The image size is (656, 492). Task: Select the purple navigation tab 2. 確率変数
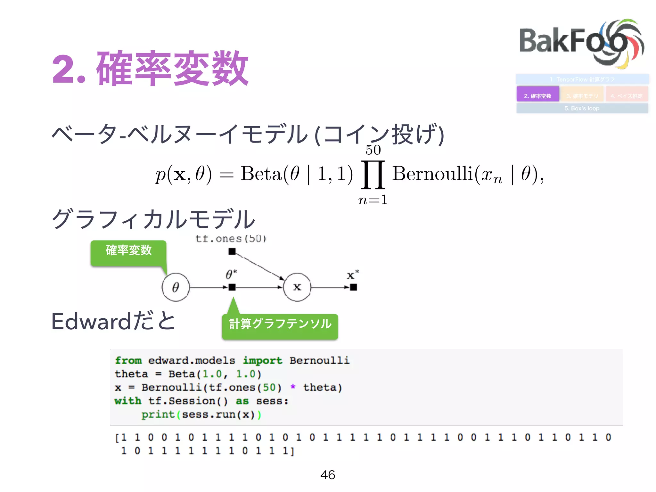click(537, 95)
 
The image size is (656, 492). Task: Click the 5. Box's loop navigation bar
click(582, 108)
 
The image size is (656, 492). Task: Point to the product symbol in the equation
click(373, 175)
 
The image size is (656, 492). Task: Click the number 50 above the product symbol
click(373, 150)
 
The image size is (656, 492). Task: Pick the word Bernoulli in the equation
click(432, 174)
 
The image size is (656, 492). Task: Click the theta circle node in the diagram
click(176, 287)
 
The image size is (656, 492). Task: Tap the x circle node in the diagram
click(297, 287)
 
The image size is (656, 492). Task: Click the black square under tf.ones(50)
click(232, 252)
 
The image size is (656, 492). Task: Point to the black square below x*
click(353, 287)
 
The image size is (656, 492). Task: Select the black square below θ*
click(232, 287)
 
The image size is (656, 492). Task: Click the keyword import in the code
click(262, 361)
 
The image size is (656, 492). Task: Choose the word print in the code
click(158, 414)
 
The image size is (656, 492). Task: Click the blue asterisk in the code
click(293, 387)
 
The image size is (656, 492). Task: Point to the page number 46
click(328, 475)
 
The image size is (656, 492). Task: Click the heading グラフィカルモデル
click(153, 219)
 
